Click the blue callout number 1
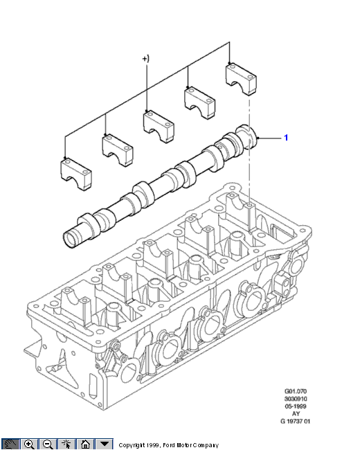pos(286,138)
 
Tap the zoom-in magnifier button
pos(29,444)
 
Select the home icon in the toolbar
pos(85,444)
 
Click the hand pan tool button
pos(10,444)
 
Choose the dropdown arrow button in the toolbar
pos(105,444)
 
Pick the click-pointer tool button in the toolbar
pos(66,444)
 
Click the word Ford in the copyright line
pos(169,445)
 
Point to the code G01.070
pos(296,391)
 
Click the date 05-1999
pos(296,406)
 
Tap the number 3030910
pos(296,399)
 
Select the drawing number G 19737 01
pos(296,422)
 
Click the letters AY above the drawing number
pos(296,414)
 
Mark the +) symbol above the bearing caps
pos(146,59)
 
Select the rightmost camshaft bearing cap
pos(241,79)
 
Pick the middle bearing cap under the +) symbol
pos(159,127)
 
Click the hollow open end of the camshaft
pos(71,237)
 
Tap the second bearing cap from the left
pos(118,150)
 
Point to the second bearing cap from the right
pos(199,102)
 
